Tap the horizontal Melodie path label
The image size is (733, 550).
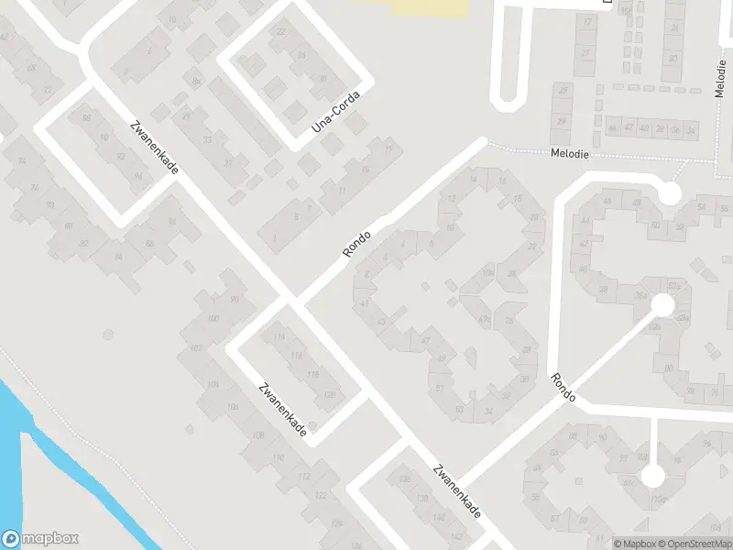(x=569, y=155)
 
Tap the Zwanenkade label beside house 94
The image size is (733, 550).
(x=153, y=148)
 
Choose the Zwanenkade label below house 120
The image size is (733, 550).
(x=283, y=410)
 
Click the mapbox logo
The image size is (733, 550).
(x=39, y=539)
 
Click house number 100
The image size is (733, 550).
(x=213, y=318)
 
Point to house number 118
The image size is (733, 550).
(x=312, y=373)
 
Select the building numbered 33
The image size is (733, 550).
(x=208, y=139)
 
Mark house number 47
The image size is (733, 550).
(x=425, y=341)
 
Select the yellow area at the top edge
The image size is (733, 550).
(x=429, y=7)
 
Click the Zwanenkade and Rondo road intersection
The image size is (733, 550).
(x=292, y=300)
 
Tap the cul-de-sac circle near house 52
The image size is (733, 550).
(x=670, y=193)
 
